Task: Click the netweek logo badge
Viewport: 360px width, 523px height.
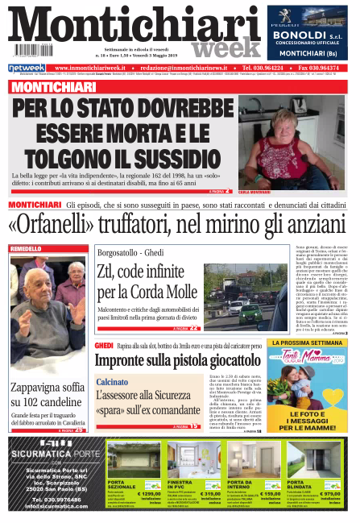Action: click(x=26, y=68)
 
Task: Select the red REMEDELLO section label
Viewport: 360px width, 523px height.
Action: click(x=31, y=249)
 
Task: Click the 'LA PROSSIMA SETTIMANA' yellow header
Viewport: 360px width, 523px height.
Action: click(x=309, y=342)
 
